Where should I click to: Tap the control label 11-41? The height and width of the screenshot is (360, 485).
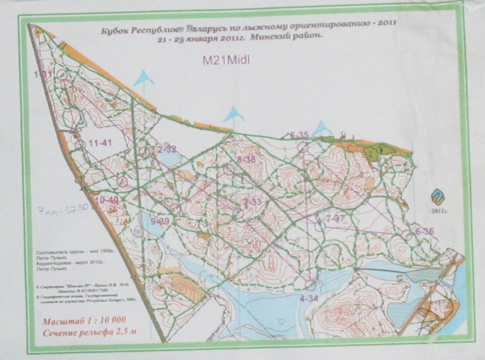pyautogui.click(x=100, y=143)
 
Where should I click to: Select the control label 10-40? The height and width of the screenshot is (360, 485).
pyautogui.click(x=107, y=200)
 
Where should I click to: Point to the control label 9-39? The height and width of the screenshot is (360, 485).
pyautogui.click(x=160, y=221)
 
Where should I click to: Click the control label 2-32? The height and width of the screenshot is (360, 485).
pyautogui.click(x=166, y=148)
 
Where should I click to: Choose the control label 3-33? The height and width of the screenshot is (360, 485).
pyautogui.click(x=252, y=202)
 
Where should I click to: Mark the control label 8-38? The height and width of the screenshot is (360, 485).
pyautogui.click(x=245, y=160)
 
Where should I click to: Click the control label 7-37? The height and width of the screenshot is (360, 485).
pyautogui.click(x=333, y=218)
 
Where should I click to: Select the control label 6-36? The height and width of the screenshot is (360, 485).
pyautogui.click(x=424, y=232)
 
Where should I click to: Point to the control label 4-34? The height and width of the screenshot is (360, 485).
pyautogui.click(x=309, y=297)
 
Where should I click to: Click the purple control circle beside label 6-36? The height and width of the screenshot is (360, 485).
pyautogui.click(x=406, y=235)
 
